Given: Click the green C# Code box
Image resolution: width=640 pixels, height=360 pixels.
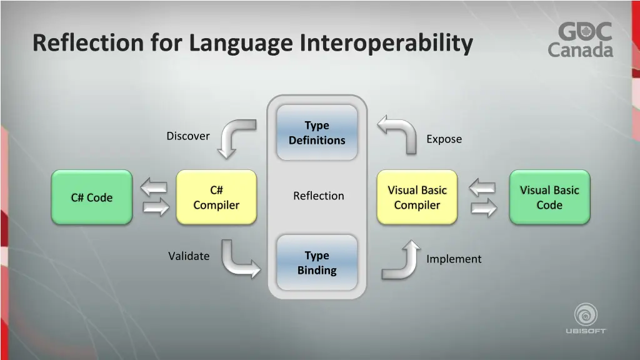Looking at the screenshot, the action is (x=91, y=197).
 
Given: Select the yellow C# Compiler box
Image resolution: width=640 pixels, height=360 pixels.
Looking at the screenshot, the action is (x=216, y=197).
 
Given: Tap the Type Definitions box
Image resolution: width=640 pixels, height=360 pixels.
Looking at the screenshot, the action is (x=317, y=133).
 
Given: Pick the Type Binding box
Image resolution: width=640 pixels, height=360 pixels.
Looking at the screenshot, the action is (x=317, y=263).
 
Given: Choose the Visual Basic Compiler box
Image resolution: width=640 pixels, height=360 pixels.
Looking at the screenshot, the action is (x=417, y=197).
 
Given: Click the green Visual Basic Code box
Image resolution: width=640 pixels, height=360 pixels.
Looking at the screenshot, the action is (x=549, y=197).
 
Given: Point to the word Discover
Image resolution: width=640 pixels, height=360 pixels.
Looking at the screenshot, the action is (x=188, y=136).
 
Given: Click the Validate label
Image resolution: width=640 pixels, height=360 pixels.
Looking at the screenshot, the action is (x=189, y=256).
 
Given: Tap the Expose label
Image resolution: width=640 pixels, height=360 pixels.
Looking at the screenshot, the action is (x=444, y=139).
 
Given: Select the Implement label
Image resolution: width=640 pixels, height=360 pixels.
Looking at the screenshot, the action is (x=454, y=259).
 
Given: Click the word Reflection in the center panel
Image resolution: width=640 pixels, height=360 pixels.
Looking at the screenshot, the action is (x=319, y=196).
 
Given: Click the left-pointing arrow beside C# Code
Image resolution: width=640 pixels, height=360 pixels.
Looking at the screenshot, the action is (x=154, y=186).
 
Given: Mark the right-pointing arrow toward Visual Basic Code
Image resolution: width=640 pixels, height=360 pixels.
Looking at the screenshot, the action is (x=484, y=208).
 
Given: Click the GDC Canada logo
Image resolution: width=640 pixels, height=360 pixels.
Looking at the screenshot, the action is (x=581, y=40).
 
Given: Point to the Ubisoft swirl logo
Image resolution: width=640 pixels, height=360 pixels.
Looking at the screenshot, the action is (x=586, y=314).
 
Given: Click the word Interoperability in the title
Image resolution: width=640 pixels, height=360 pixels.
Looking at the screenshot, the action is (x=386, y=43).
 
